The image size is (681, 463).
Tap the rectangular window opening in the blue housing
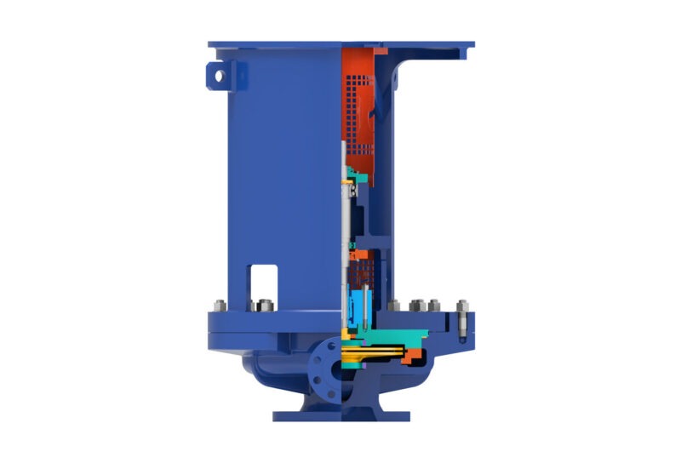[x=264, y=280]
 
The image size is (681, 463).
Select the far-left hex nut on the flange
[x=218, y=306]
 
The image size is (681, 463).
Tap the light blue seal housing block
[x=355, y=303]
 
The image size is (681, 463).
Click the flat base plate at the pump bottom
[x=340, y=416]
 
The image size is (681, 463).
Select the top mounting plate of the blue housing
[x=340, y=43]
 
